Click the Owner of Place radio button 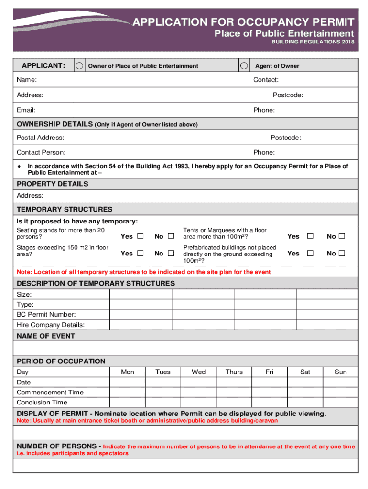80,65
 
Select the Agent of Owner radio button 244,65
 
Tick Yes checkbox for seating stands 140,236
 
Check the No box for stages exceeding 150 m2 171,253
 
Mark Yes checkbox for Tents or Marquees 310,236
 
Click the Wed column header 198,372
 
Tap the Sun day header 340,372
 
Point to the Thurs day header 234,372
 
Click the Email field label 26,110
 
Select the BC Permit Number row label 46,314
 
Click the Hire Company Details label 51,325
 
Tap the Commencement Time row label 50,392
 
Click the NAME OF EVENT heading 45,336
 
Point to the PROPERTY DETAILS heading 52,184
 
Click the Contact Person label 41,152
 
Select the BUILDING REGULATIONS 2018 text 313,43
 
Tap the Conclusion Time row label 42,402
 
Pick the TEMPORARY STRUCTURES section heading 65,209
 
